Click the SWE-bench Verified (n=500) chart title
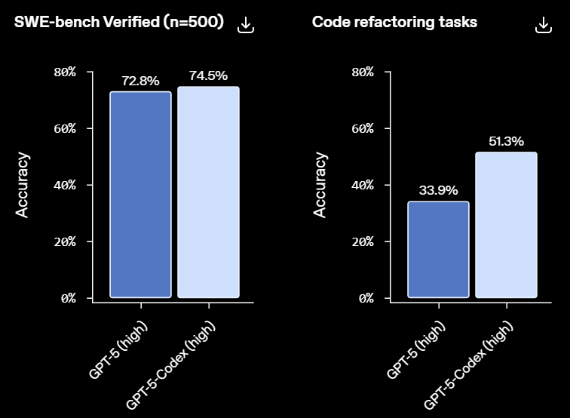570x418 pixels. pos(119,23)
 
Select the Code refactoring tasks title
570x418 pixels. pos(394,23)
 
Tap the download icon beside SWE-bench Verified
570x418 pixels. pos(246,25)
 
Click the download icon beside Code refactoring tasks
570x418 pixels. pos(544,25)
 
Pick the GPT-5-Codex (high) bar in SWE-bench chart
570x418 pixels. pos(208,192)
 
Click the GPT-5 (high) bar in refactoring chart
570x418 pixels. pos(438,249)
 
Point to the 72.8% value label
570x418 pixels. pos(140,80)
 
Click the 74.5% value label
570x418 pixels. pos(208,75)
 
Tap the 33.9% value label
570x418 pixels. pos(438,190)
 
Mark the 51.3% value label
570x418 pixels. pos(506,141)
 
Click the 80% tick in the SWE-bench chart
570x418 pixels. pos(65,72)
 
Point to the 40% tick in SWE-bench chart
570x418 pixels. pos(65,185)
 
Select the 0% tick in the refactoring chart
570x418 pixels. pos(366,298)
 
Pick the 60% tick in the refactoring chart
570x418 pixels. pos(363,128)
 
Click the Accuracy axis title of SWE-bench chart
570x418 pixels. pos(23,185)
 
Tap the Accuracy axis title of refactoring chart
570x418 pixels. pos(320,185)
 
